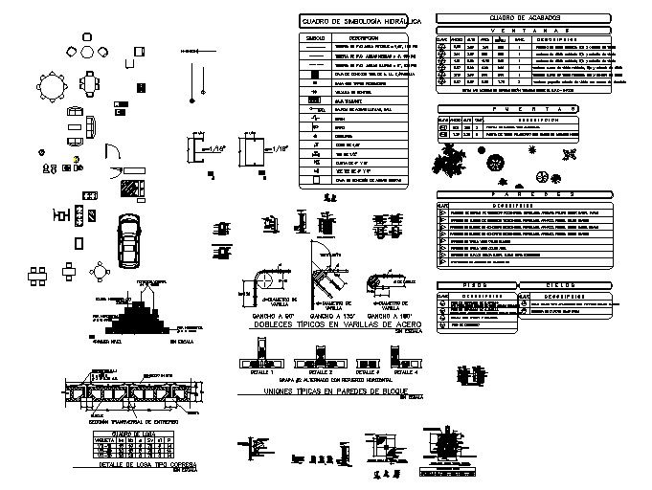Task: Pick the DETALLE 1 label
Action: click(260, 371)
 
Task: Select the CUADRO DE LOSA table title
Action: click(128, 434)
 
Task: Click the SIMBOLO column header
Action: click(316, 38)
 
